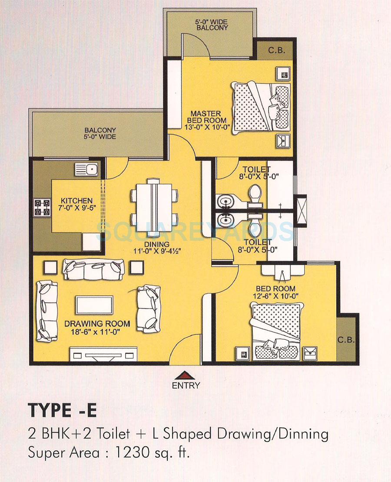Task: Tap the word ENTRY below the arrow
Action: (186, 385)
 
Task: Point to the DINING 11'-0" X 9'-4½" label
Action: (158, 247)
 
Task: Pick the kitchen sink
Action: (87, 170)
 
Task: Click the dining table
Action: (154, 201)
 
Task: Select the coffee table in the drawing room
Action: (94, 305)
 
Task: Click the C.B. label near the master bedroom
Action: (276, 50)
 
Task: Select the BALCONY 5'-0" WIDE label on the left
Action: (100, 133)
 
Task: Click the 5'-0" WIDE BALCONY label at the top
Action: (212, 24)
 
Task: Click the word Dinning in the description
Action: (302, 434)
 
